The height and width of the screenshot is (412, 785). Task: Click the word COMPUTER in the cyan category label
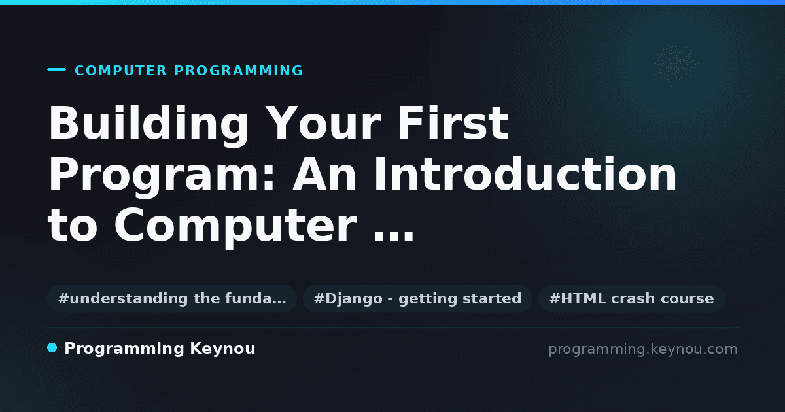coord(120,71)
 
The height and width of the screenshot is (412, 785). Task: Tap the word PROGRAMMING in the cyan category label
coord(238,71)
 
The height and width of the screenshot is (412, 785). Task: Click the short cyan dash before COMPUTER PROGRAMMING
coord(56,69)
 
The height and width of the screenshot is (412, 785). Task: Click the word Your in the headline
coord(323,124)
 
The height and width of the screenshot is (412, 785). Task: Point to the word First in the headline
coord(453,123)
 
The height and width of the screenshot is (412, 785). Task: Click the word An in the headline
coord(325,174)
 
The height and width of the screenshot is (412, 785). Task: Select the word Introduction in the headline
coord(525,174)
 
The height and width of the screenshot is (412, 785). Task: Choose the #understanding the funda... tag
coord(172,298)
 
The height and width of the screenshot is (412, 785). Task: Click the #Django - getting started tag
coord(418,298)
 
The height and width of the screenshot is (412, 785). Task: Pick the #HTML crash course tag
coord(631,298)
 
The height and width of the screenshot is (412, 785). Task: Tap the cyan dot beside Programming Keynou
coord(52,348)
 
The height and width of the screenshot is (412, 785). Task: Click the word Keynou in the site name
coord(222,349)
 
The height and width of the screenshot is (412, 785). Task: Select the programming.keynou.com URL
coord(643,349)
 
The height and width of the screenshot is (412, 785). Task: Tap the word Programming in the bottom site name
coord(124,349)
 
